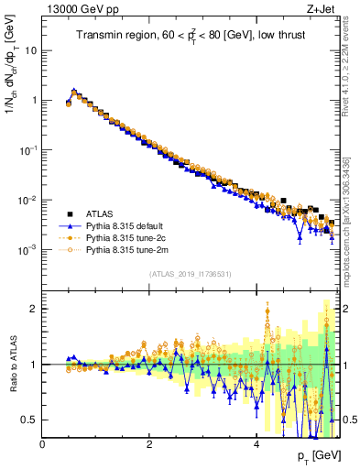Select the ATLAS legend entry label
coord(100,210)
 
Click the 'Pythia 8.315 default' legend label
coord(127,223)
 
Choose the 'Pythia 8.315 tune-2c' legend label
coord(127,235)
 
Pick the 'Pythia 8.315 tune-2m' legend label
coord(128,248)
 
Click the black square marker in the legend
coord(70,210)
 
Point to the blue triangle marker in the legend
coord(70,223)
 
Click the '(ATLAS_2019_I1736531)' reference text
coord(190,274)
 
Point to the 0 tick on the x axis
coord(43,444)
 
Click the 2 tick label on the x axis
coord(149,444)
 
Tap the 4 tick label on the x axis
coord(256,444)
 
